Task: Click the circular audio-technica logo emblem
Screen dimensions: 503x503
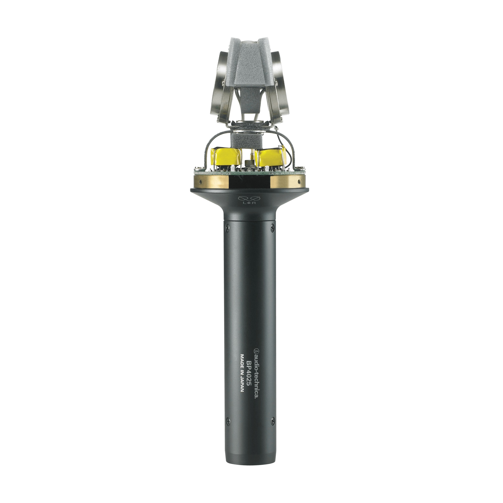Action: [x=257, y=350]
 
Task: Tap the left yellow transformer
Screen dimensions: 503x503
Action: [x=226, y=157]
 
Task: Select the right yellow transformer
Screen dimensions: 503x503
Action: [x=270, y=157]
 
